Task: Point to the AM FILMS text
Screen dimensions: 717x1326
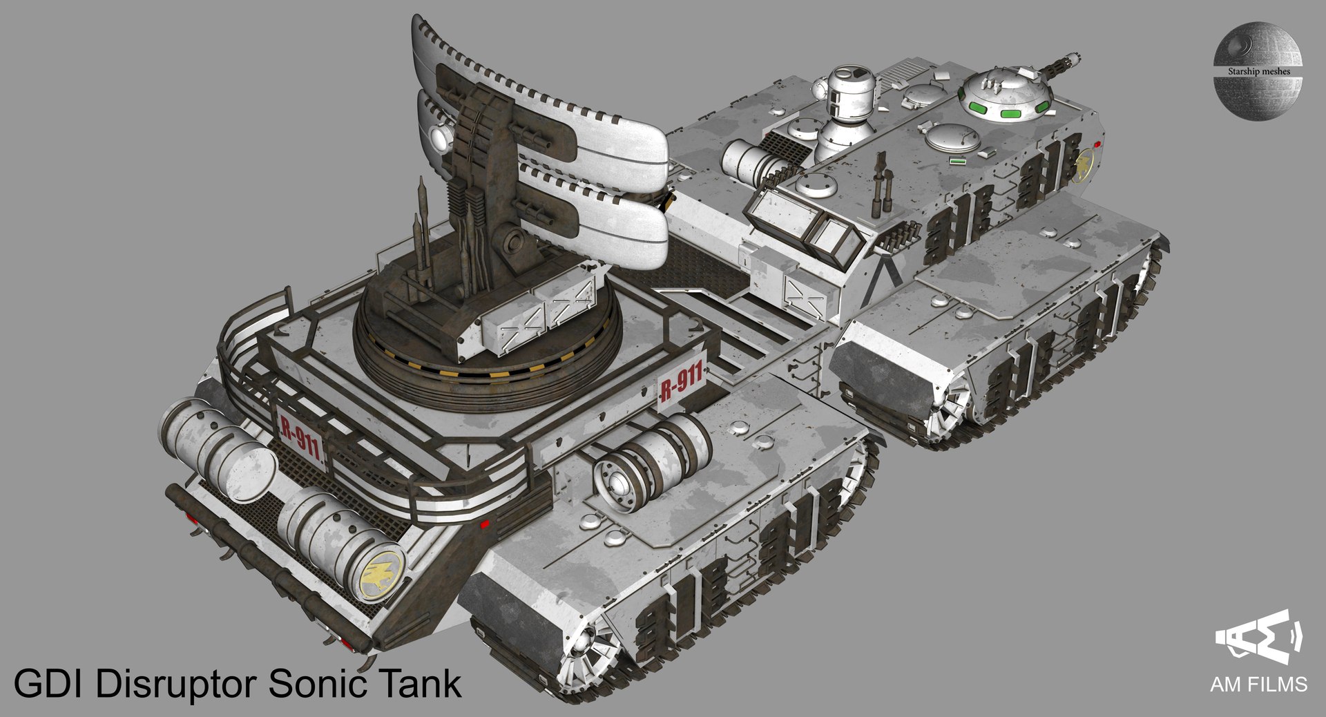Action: click(1258, 684)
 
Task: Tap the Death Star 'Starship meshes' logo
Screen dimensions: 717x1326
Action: click(1257, 70)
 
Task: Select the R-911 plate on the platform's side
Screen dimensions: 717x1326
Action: click(681, 382)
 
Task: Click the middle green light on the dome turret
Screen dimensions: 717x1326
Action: click(1010, 113)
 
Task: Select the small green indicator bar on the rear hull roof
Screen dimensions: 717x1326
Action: click(957, 161)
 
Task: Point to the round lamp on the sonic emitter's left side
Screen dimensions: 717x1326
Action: click(440, 138)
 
